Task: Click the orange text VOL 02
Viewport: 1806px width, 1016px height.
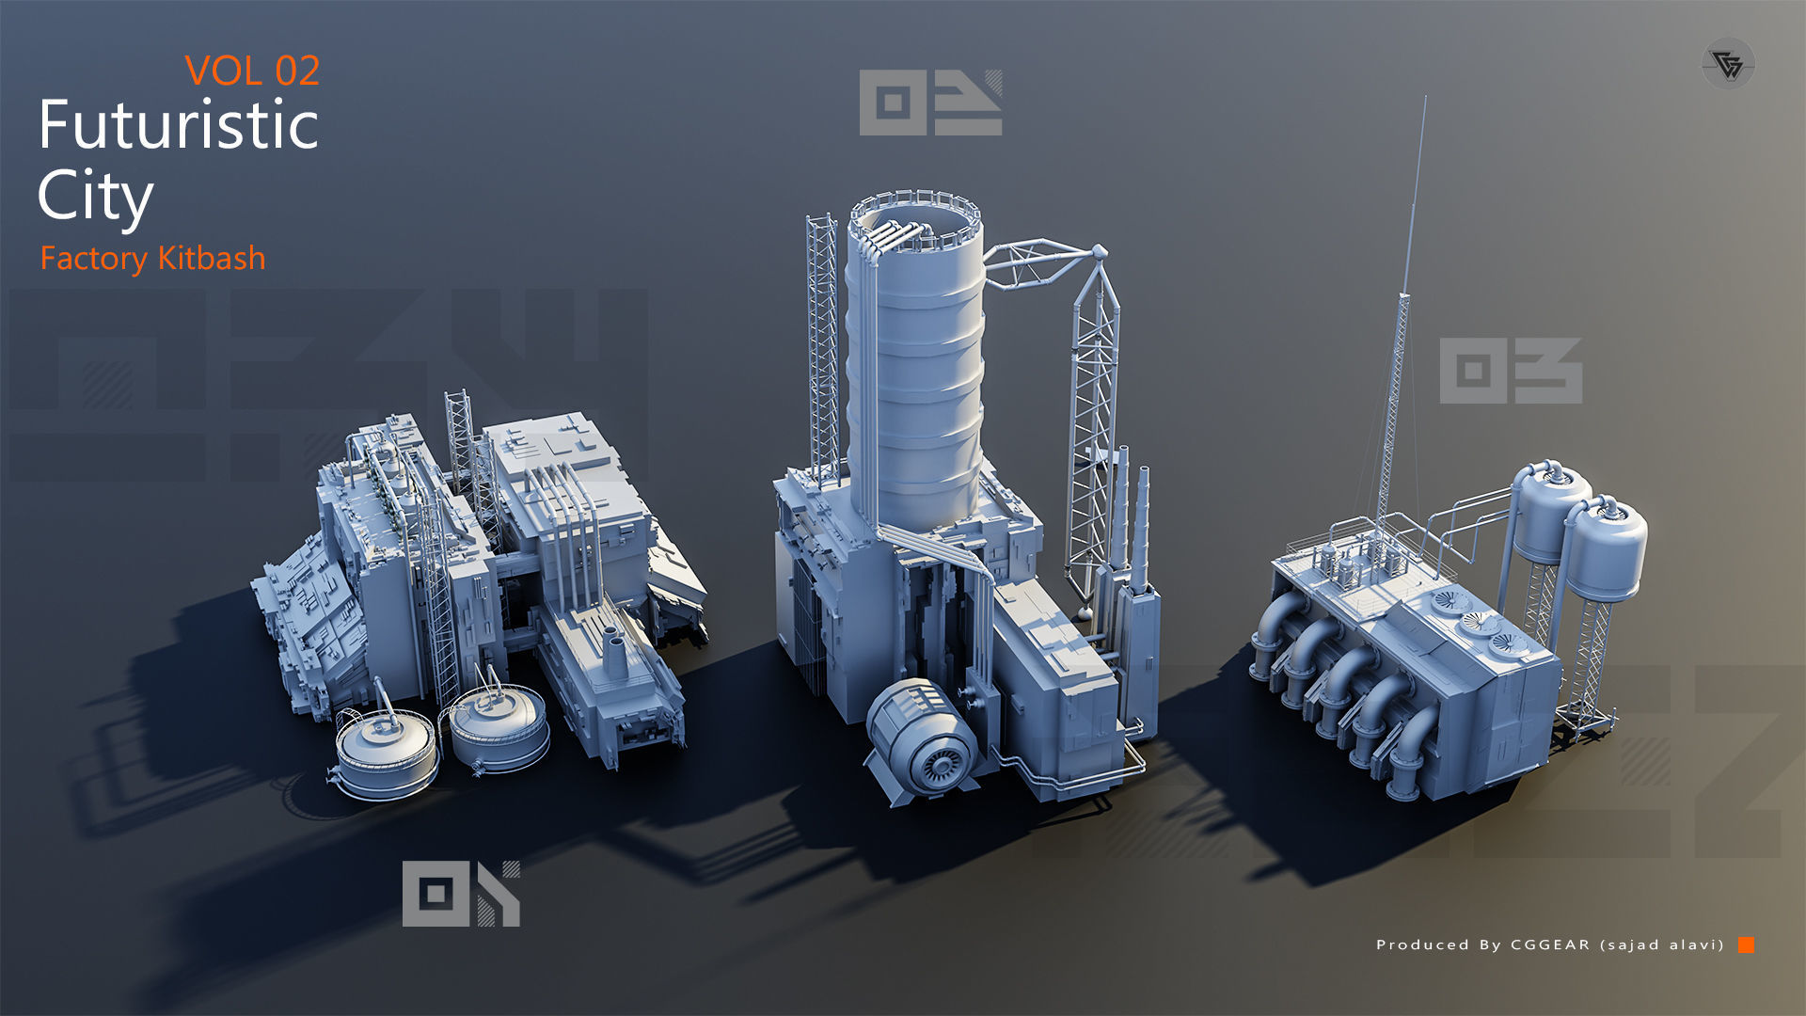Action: point(252,71)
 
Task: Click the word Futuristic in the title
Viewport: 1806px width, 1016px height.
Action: point(179,126)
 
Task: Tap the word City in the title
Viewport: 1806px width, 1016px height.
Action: point(95,196)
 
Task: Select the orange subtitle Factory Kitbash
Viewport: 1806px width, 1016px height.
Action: point(152,258)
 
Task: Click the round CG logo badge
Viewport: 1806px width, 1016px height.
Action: point(1728,64)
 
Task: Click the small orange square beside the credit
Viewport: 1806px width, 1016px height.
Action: point(1746,945)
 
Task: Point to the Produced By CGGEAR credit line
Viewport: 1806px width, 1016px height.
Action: point(1549,945)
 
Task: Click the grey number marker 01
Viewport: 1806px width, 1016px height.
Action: point(461,894)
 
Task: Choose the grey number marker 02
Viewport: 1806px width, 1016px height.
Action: point(930,103)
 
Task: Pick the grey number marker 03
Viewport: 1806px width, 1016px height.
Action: point(1511,371)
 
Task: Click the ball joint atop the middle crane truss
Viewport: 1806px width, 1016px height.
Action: point(1099,251)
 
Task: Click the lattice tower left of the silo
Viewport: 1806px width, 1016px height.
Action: point(822,348)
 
